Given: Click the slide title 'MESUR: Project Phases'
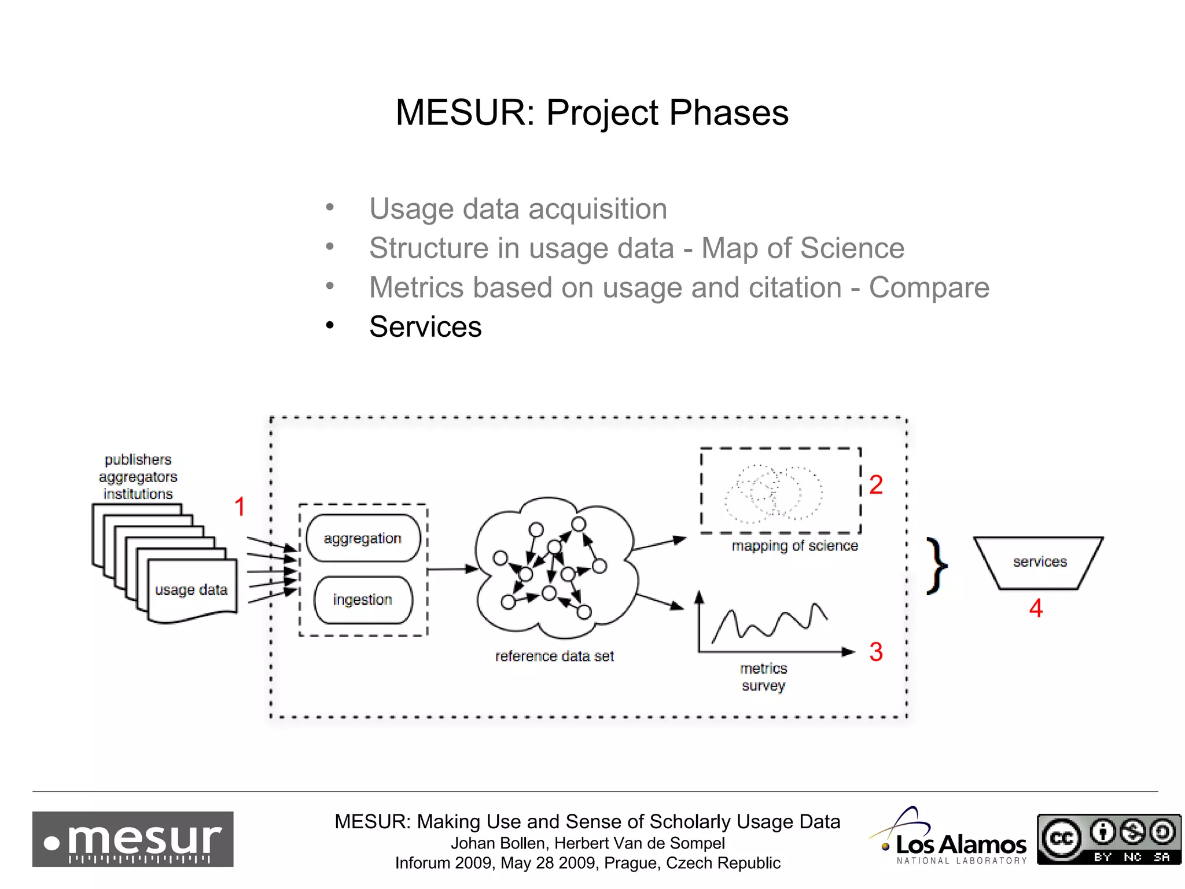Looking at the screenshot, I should (592, 112).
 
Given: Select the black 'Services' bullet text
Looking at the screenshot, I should (425, 327).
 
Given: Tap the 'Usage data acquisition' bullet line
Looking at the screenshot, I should (518, 209).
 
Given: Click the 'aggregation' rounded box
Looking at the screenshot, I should (363, 538).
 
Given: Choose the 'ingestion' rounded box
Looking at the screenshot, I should (363, 600).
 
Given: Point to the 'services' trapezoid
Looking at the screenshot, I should (1039, 562).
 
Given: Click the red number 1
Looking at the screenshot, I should (240, 507).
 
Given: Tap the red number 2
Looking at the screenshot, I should (876, 485).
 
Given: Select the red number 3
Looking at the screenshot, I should (876, 652).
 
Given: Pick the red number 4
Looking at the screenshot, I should (1036, 608).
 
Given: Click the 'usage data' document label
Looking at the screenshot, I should (192, 590).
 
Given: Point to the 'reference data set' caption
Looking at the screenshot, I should (554, 656).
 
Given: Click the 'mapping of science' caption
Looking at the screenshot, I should (794, 546).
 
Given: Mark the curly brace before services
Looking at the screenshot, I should (936, 565).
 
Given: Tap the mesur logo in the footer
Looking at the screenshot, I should (133, 839).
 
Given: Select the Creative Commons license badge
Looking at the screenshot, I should (1109, 839).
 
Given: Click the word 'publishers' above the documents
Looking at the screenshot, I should (138, 460).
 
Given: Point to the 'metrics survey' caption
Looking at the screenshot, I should (764, 677).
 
